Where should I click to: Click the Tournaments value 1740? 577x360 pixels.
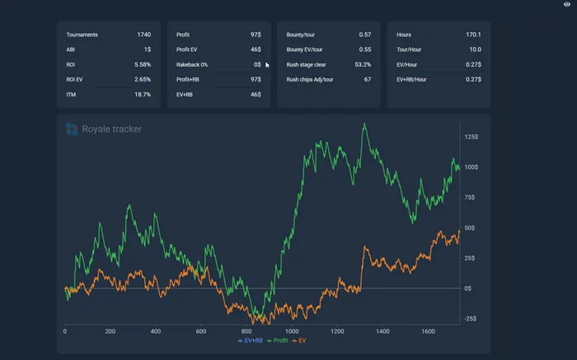[x=143, y=35]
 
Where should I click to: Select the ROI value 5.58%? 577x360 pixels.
[x=142, y=64]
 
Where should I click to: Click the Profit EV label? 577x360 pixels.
[x=189, y=49]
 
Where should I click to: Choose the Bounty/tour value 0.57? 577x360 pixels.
[x=364, y=35]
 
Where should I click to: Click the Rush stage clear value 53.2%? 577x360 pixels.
[x=363, y=64]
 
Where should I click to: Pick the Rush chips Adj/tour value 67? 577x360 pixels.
[x=367, y=79]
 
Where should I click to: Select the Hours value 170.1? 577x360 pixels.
[x=473, y=35]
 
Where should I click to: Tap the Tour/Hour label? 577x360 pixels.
[x=410, y=49]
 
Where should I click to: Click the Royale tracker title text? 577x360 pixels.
[x=112, y=129]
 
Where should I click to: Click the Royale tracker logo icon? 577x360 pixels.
[x=72, y=129]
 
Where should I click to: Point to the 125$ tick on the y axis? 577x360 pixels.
[x=471, y=137]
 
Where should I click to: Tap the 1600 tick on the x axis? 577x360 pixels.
[x=428, y=331]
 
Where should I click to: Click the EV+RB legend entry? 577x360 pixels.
[x=251, y=340]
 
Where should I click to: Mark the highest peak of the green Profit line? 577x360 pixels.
[x=364, y=124]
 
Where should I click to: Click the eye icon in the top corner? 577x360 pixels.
[x=566, y=5]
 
